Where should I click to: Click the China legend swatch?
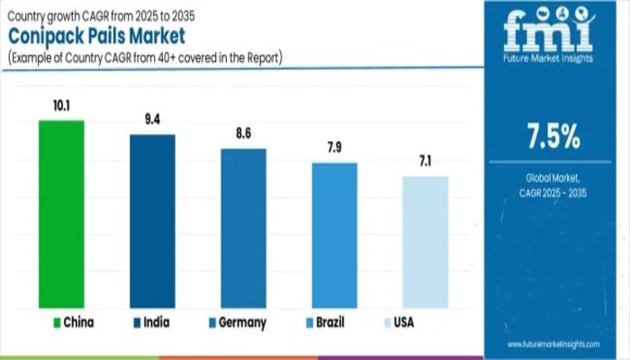pyautogui.click(x=57, y=321)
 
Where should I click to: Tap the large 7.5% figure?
pyautogui.click(x=553, y=139)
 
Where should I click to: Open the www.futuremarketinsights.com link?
pyautogui.click(x=552, y=344)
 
